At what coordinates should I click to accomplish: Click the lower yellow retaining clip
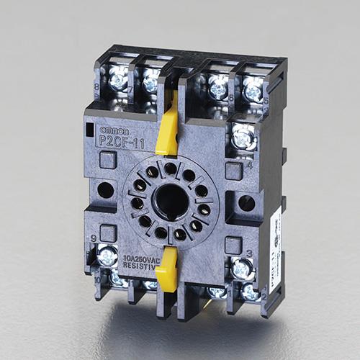168,268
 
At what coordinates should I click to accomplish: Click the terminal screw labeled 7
150,83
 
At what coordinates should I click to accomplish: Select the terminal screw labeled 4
245,136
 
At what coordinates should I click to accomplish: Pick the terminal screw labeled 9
108,255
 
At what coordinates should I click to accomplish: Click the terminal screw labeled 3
243,268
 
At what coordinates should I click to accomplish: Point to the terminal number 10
97,275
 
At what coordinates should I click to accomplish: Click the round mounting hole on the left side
105,191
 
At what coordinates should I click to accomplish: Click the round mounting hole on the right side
247,203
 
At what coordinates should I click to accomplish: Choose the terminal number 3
248,252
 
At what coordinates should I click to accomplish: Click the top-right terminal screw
253,91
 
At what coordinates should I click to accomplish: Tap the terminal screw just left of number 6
218,89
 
